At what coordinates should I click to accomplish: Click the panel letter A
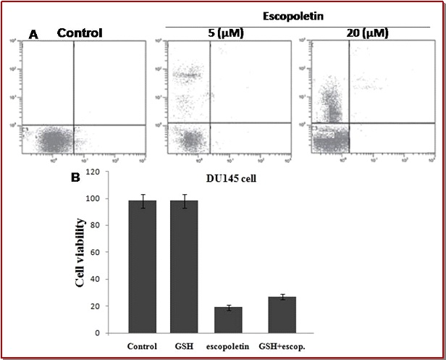pos(33,33)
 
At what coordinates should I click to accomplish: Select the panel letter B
pos(74,175)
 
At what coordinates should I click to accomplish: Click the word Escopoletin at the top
pos(303,14)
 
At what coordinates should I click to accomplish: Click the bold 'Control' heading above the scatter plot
pos(80,33)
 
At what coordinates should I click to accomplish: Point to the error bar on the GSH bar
pos(184,201)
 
